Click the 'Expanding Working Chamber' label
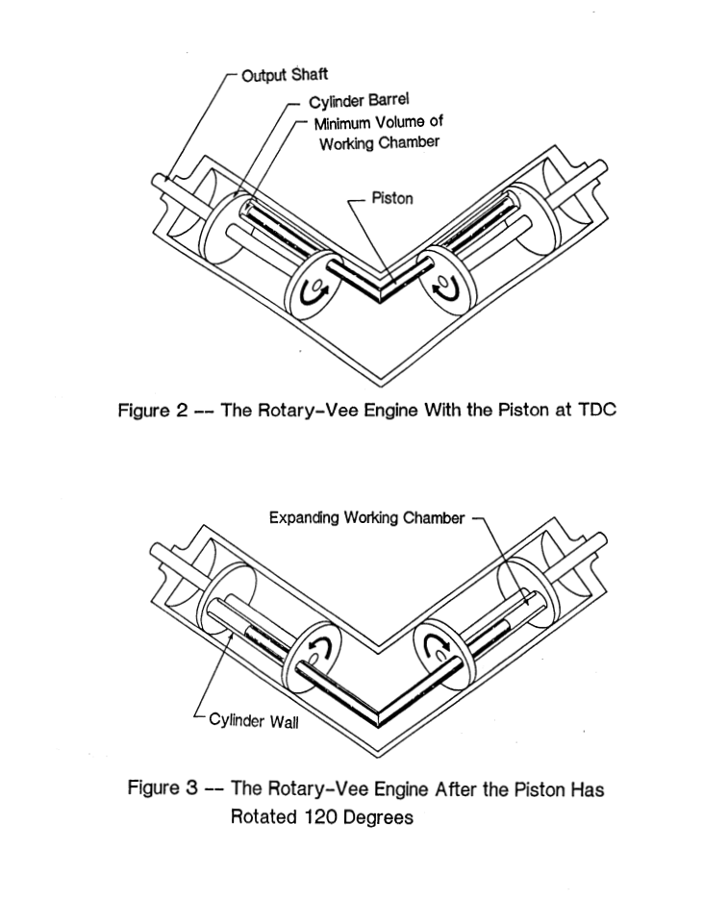pos(366,518)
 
